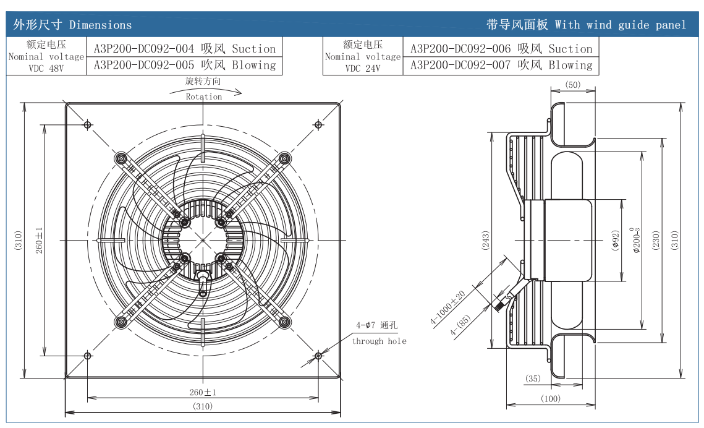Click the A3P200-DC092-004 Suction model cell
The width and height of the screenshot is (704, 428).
[185, 48]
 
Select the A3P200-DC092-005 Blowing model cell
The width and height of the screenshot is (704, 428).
[185, 66]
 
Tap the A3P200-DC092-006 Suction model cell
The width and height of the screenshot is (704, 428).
[501, 48]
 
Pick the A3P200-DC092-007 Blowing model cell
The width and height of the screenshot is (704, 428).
[501, 66]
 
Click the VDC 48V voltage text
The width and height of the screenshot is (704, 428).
[46, 68]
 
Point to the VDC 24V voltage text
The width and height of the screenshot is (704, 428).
[363, 68]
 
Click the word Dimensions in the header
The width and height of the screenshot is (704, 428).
[101, 25]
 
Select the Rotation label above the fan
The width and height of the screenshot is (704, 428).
[204, 96]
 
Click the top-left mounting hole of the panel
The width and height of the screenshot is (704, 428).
[88, 124]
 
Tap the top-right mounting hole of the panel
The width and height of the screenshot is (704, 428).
[318, 124]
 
